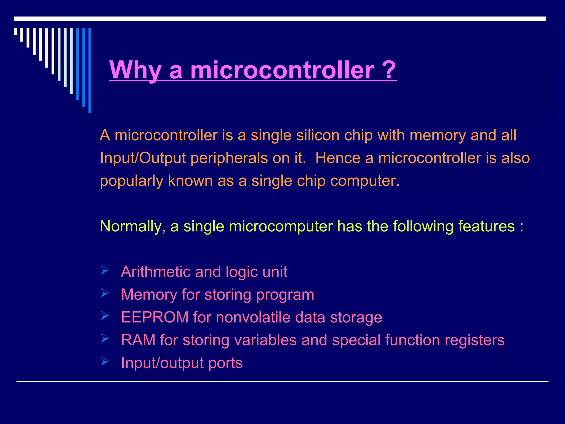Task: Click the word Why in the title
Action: pos(135,70)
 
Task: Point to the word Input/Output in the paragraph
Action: pos(143,158)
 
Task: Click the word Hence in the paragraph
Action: pos(338,158)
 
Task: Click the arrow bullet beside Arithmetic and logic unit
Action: pos(105,270)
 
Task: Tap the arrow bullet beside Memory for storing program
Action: pos(105,293)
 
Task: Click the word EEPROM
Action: pos(155,317)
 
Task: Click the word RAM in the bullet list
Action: pos(138,340)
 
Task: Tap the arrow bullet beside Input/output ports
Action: pos(105,361)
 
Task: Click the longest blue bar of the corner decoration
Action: pos(90,70)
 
